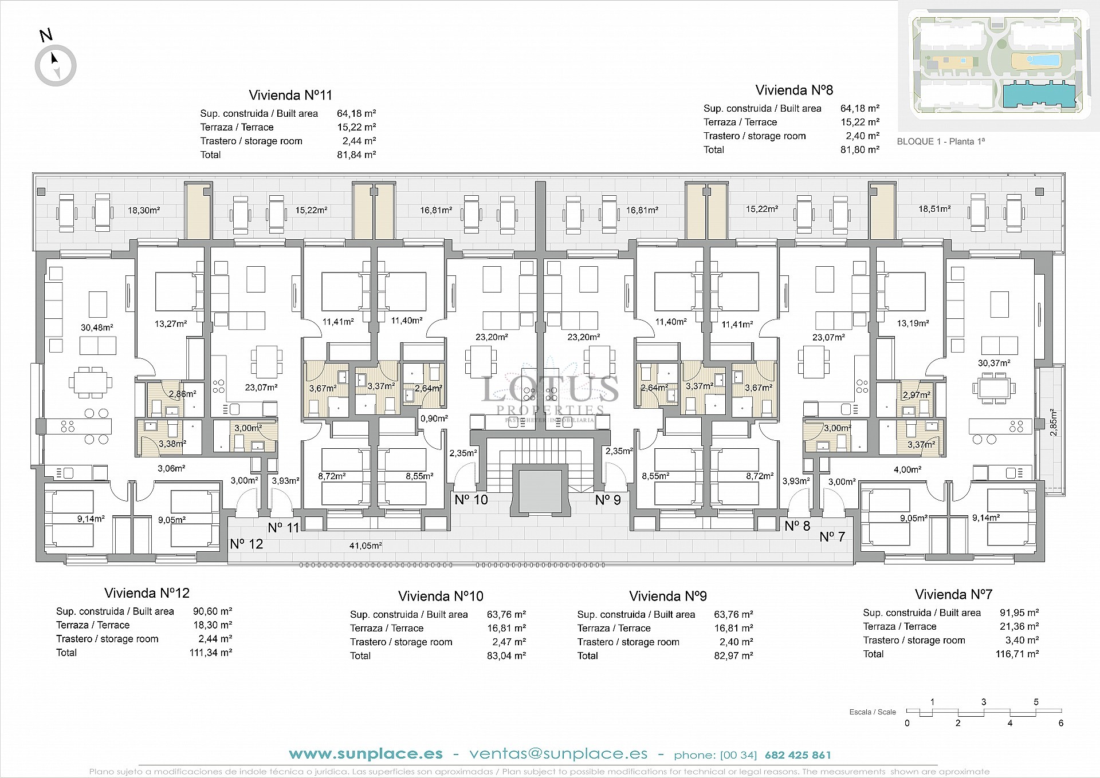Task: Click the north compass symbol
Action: [56, 65]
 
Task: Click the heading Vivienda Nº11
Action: [290, 95]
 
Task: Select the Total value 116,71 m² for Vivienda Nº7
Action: [1017, 654]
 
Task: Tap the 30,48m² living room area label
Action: [97, 327]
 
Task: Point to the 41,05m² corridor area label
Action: [366, 546]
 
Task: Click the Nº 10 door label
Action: [471, 500]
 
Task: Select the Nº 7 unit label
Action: [832, 536]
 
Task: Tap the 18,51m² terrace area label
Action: [934, 209]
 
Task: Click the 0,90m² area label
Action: [434, 418]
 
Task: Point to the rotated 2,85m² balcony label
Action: [1053, 422]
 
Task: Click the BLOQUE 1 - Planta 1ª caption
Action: [941, 141]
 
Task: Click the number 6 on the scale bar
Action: [1060, 723]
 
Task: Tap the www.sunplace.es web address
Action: [366, 754]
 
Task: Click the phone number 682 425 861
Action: [797, 755]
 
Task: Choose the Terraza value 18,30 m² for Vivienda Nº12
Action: [213, 625]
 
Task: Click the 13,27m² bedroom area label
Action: [171, 324]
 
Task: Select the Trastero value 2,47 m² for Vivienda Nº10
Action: [509, 642]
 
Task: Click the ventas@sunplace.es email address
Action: [558, 754]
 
